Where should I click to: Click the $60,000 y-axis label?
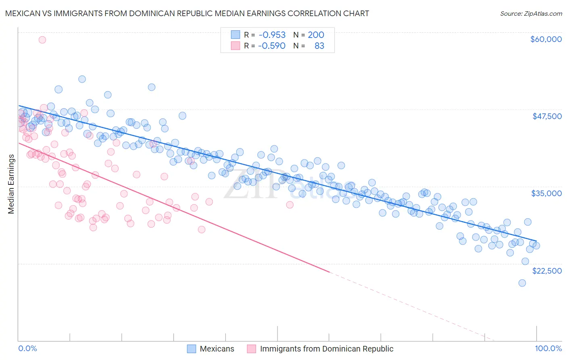pos(546,39)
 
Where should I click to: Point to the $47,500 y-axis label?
pos(547,116)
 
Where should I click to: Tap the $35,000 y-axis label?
pos(546,193)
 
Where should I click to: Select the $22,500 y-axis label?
pos(547,271)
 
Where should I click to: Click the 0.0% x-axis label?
pos(28,348)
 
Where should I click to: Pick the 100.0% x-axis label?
pos(548,348)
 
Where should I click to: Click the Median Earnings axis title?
pos(11,184)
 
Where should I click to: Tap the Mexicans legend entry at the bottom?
pos(217,349)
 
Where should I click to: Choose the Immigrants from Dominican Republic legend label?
pos(327,349)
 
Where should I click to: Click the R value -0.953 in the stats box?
pos(272,35)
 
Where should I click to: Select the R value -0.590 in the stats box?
pos(272,46)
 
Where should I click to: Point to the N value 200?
pos(316,35)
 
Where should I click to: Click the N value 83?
pos(319,46)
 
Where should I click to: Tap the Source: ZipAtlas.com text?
pos(531,13)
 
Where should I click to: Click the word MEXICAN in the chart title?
pos(20,13)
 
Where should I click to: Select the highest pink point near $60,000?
pos(42,40)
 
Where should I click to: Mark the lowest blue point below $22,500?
pos(522,283)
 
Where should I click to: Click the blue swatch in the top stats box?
pos(236,35)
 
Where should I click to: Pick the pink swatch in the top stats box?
pos(236,46)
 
